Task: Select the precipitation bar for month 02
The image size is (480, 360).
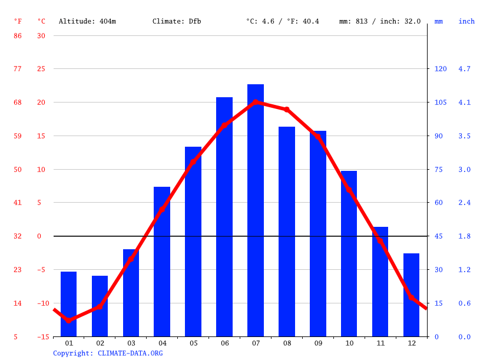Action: coord(100,306)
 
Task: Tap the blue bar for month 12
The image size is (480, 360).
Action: coord(411,295)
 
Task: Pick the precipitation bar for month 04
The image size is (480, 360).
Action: coord(162,262)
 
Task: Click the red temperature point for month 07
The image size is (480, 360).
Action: coord(256,102)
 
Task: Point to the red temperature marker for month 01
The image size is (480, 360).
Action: coord(69,321)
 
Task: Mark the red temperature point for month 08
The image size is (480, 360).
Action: coord(287,110)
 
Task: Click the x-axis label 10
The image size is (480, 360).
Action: coord(349,343)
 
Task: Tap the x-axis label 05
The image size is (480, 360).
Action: coord(193,343)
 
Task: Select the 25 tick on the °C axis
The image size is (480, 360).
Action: coord(41,69)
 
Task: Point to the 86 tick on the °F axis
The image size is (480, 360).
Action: coord(18,35)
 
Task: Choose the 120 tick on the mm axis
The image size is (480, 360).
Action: coord(441,69)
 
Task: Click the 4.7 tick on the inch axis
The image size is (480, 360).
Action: coord(464,69)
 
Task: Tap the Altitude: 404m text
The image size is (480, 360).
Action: coord(87,21)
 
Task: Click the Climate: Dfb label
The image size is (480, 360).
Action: coord(177,21)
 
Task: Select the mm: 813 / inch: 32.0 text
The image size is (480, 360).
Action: coord(380,21)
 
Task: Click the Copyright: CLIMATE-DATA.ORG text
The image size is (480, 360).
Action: coord(108,353)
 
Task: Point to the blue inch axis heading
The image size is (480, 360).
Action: coord(466,21)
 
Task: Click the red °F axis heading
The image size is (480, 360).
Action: coord(18,21)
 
